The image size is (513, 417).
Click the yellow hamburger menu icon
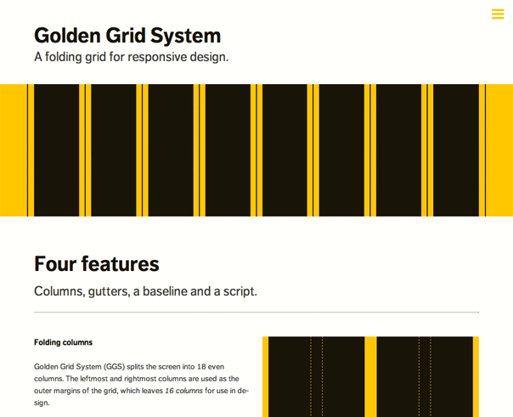pos(498,14)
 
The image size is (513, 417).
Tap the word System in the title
pos(185,36)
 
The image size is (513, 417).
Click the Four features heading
pos(97,264)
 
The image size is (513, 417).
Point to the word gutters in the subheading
pos(109,291)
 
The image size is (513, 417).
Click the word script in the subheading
pos(240,291)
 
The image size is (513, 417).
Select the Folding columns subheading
pos(63,342)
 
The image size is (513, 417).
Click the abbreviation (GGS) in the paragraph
pos(114,367)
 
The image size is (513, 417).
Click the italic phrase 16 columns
pos(183,391)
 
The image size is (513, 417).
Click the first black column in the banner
pos(57,150)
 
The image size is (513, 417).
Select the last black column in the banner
pos(456,150)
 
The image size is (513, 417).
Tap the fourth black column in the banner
pos(228,150)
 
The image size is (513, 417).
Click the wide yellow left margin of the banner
pos(14,150)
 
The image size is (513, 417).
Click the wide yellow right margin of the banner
pos(499,150)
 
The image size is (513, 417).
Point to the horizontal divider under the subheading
pos(256,313)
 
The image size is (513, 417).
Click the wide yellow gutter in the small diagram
pos(370,377)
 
